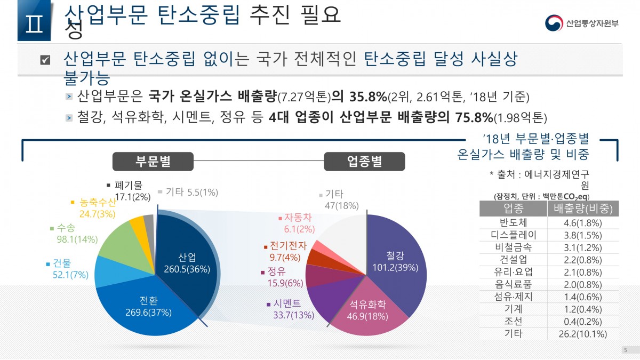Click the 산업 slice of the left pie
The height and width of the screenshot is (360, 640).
(187, 261)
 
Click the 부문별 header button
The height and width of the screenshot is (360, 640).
(153, 161)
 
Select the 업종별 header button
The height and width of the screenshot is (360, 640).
(364, 161)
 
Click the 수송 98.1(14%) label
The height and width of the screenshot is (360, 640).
(77, 234)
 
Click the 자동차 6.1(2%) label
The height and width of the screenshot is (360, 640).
(297, 223)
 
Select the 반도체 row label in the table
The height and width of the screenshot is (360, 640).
(513, 222)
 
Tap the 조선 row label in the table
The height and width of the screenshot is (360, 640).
(513, 322)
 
